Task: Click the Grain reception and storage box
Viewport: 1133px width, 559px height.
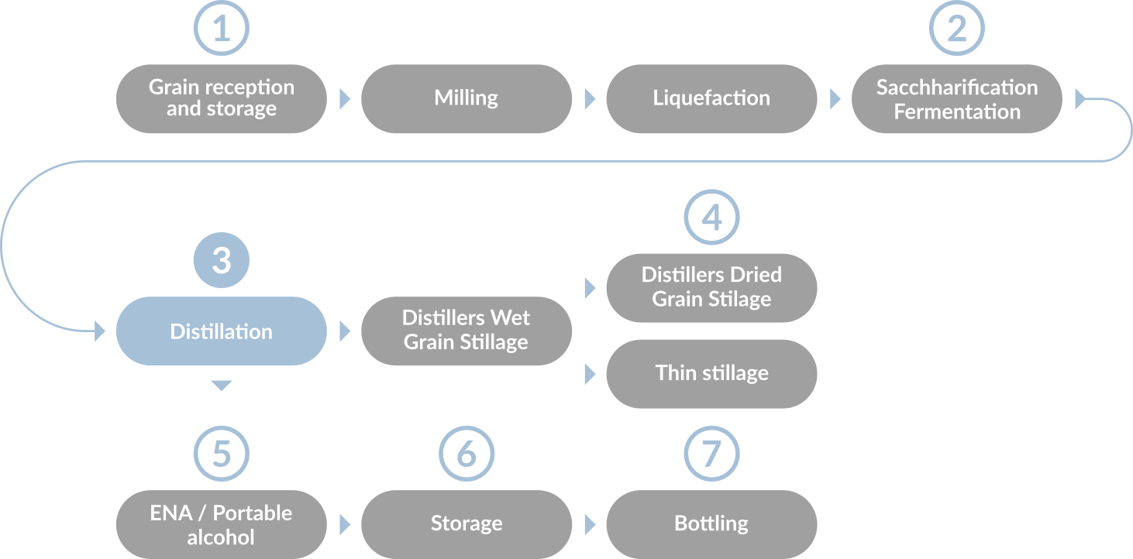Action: point(221,98)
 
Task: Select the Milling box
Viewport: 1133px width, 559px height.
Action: point(466,98)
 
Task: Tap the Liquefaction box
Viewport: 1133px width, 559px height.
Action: point(711,98)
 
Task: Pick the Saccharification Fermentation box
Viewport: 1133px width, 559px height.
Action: point(956,98)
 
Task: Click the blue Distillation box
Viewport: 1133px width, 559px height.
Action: point(221,331)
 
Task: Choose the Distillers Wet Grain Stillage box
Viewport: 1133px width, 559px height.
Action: point(466,331)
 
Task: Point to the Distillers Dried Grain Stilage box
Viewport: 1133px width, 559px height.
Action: point(711,287)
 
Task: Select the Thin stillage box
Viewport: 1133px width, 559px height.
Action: point(711,373)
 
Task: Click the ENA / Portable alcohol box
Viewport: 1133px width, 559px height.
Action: point(221,524)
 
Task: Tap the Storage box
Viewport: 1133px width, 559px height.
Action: point(466,524)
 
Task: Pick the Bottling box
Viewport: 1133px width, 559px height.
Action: point(711,524)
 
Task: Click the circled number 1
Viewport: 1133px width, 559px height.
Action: point(221,29)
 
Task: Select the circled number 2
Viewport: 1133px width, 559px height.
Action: point(956,29)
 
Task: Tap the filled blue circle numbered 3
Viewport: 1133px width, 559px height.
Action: point(221,260)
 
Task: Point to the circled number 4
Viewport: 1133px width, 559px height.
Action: point(711,218)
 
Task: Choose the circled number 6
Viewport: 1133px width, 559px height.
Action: point(466,454)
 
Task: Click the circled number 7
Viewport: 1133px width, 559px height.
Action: point(711,454)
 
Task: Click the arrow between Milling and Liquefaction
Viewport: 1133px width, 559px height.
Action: point(590,98)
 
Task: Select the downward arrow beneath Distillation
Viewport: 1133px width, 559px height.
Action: point(221,386)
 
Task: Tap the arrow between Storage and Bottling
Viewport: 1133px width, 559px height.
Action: point(590,524)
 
